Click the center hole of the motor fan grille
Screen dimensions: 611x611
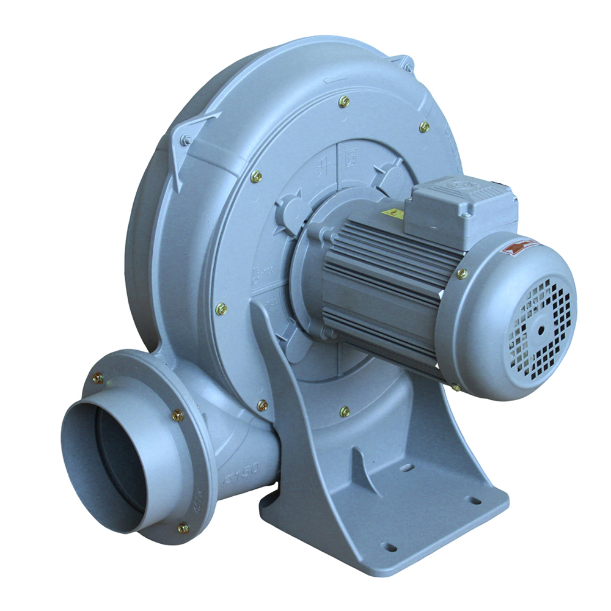coord(541,330)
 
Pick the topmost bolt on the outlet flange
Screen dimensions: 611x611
coord(98,378)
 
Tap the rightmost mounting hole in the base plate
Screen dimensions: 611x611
coord(472,500)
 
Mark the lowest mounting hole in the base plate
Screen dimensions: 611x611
coord(386,546)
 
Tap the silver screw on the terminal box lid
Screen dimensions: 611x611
coord(466,214)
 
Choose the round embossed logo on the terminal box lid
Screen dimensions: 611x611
coord(455,184)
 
